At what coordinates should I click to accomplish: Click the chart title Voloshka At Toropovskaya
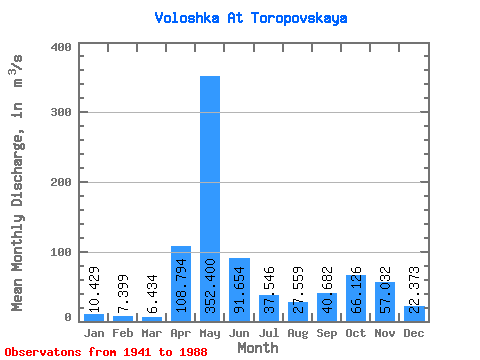tap(251, 18)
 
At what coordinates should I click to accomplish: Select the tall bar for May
tap(210, 199)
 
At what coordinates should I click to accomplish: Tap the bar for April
tap(181, 284)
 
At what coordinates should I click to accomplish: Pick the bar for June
tap(239, 290)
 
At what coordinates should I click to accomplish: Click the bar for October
tap(356, 298)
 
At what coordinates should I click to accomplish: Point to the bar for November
tap(385, 302)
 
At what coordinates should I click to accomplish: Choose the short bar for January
tap(94, 318)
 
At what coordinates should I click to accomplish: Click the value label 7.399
tap(123, 294)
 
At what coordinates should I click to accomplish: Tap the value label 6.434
tap(152, 294)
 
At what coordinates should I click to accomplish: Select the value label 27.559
tap(297, 290)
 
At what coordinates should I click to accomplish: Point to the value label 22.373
tap(414, 290)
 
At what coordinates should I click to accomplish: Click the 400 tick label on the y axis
tap(61, 47)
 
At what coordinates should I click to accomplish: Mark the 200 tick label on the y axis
tap(61, 182)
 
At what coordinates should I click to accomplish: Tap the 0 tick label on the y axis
tap(68, 317)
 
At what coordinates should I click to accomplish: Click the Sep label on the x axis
tap(327, 333)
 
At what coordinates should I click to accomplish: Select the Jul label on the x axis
tap(269, 333)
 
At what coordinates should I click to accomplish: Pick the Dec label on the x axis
tap(414, 333)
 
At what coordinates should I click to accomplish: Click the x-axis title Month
tap(258, 348)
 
